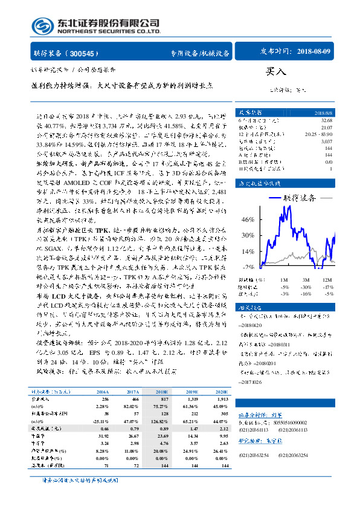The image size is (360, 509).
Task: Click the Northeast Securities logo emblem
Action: pyautogui.click(x=40, y=26)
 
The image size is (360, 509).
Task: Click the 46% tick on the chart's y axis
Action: pyautogui.click(x=230, y=220)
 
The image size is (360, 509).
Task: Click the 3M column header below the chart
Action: pyautogui.click(x=306, y=280)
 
